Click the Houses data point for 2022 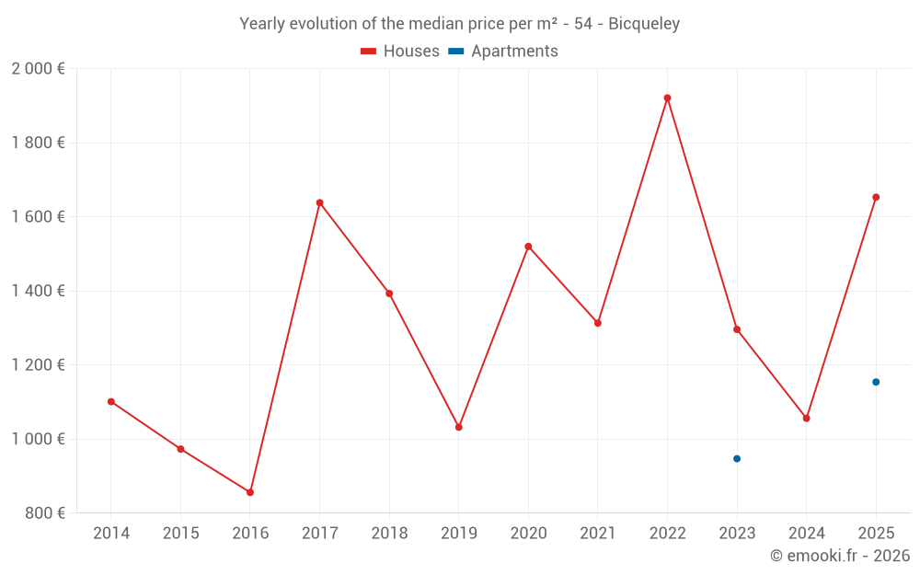667,98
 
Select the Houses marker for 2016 250,492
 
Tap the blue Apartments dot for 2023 737,458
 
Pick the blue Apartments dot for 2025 876,382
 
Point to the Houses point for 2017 319,202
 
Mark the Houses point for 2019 459,427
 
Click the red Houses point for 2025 876,197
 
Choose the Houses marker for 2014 111,401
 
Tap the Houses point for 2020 528,247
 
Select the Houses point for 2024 807,419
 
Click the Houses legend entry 400,52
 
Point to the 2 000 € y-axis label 38,69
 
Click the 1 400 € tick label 38,291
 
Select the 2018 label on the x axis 389,534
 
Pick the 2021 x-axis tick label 598,534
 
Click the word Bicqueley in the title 644,24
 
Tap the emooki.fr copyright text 840,556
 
